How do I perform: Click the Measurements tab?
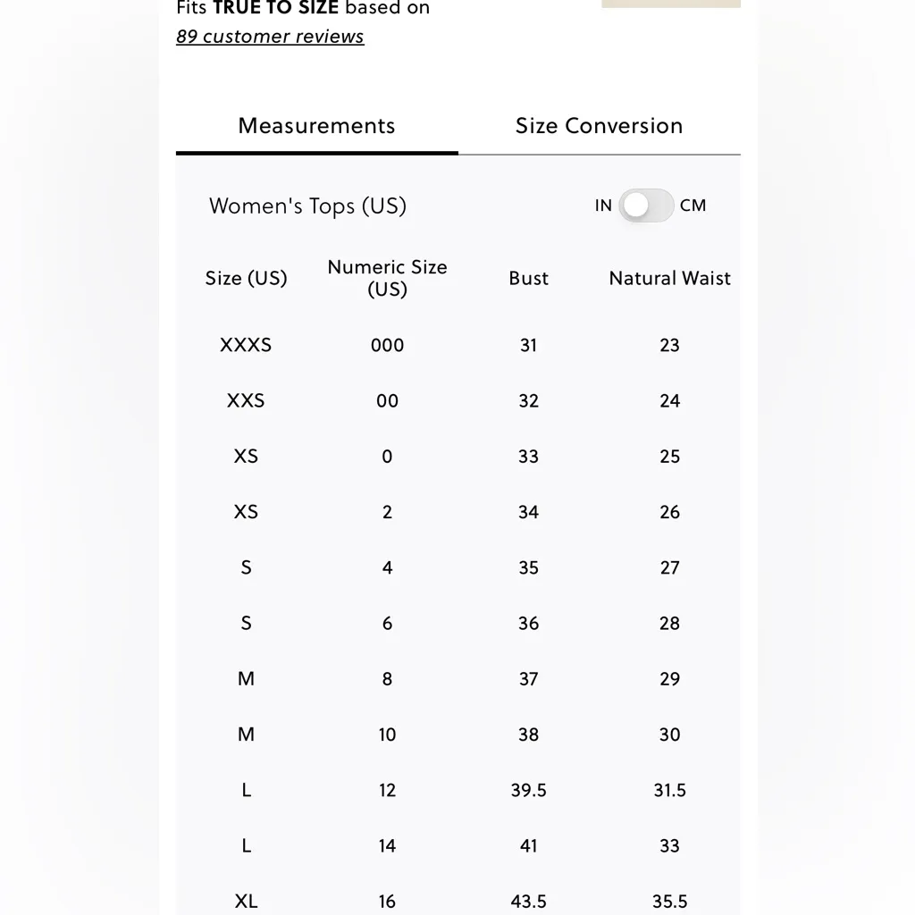[x=316, y=126]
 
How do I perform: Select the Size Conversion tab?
[x=599, y=126]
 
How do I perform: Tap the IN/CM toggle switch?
[x=646, y=206]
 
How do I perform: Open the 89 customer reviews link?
[x=270, y=37]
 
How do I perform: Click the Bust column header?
[x=528, y=278]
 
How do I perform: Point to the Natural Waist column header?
[x=669, y=278]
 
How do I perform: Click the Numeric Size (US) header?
[x=387, y=278]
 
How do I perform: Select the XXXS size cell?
[x=246, y=345]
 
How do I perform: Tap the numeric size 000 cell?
[x=387, y=345]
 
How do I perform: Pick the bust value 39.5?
[x=528, y=790]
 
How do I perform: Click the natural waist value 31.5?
[x=669, y=790]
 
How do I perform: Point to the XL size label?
[x=246, y=901]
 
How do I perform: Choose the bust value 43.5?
[x=528, y=901]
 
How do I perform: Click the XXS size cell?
[x=246, y=400]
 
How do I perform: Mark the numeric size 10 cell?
[x=387, y=735]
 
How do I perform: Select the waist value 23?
[x=669, y=345]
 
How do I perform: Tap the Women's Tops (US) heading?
[x=307, y=206]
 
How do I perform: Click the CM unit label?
[x=693, y=206]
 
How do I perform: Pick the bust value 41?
[x=528, y=845]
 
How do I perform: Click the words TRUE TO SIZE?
[x=275, y=9]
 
